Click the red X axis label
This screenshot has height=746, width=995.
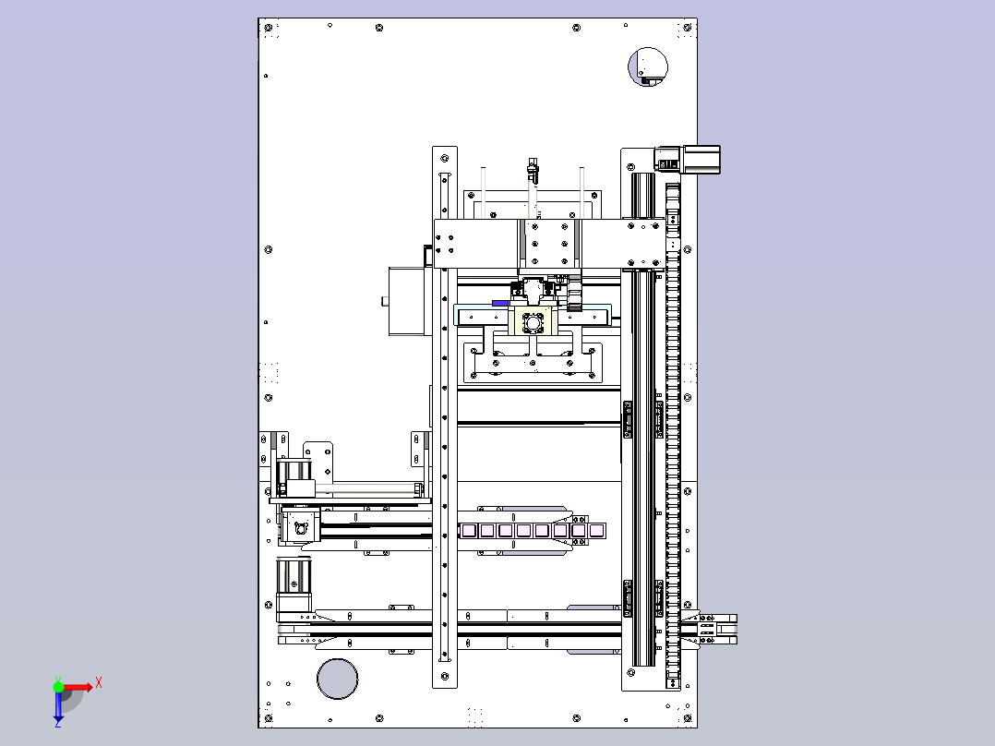99,683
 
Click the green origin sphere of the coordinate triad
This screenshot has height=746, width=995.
58,686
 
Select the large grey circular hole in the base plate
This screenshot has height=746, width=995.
337,679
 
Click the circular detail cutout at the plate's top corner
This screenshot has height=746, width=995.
648,66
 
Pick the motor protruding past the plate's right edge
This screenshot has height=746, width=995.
688,159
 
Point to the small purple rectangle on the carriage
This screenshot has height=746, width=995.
500,304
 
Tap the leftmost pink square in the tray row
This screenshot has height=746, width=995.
469,530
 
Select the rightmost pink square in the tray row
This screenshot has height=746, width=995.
596,530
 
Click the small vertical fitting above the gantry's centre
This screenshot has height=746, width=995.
532,172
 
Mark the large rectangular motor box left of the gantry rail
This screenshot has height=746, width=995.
410,301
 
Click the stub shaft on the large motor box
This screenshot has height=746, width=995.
385,302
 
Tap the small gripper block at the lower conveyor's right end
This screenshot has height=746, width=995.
707,629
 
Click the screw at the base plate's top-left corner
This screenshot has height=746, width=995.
269,28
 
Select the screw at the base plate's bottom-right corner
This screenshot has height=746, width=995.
688,718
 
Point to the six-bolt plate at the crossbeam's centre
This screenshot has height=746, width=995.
549,244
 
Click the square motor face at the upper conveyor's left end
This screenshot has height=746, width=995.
300,527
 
